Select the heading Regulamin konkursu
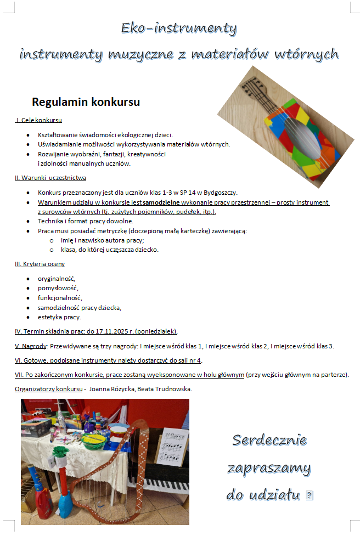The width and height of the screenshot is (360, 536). pyautogui.click(x=86, y=102)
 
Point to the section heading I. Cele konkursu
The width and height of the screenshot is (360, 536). pyautogui.click(x=38, y=120)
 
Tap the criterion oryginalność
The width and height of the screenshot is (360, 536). pyautogui.click(x=57, y=279)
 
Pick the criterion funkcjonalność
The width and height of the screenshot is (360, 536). pyautogui.click(x=60, y=298)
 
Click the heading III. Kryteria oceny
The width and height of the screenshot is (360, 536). pyautogui.click(x=40, y=264)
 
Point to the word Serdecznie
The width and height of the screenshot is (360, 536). pyautogui.click(x=269, y=440)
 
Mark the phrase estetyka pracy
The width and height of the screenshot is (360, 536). pyautogui.click(x=59, y=317)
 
